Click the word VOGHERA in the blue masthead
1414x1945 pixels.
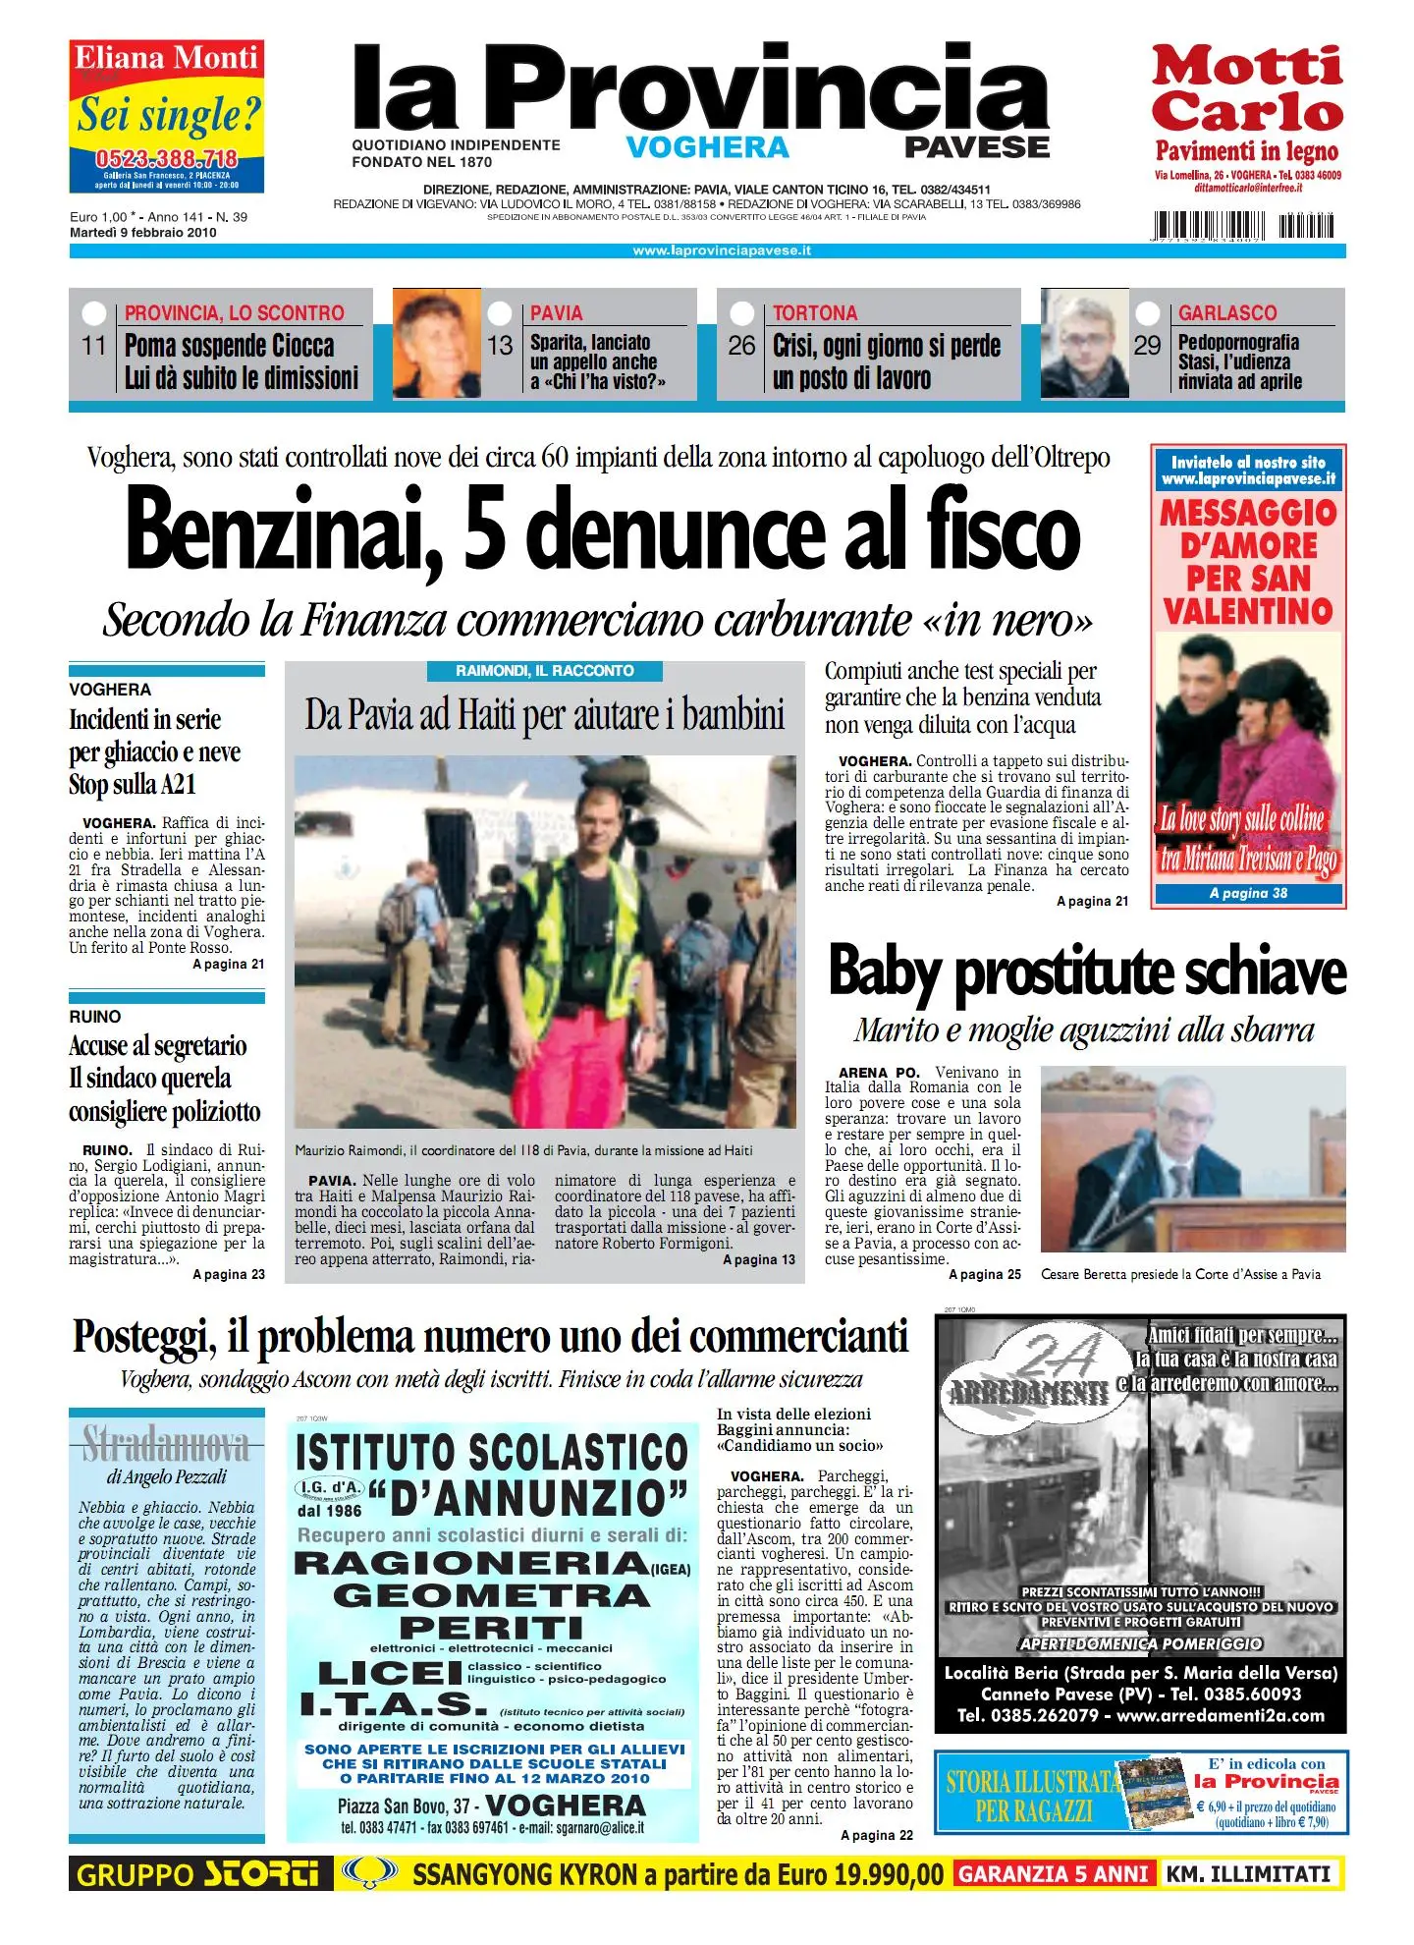(707, 147)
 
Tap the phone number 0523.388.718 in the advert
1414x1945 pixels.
(166, 159)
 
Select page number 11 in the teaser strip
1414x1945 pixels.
(94, 346)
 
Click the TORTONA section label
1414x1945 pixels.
(814, 313)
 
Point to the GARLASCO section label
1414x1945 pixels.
(1226, 313)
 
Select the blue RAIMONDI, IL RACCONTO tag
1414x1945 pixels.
(544, 671)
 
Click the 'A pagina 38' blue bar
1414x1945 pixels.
(1247, 893)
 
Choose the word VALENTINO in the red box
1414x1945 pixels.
(1247, 611)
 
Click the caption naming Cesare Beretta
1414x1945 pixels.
(1180, 1274)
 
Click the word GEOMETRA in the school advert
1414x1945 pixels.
(491, 1595)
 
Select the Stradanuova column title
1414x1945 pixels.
(166, 1444)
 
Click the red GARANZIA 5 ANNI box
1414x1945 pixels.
(1054, 1874)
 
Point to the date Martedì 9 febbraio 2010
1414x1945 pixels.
(143, 233)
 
